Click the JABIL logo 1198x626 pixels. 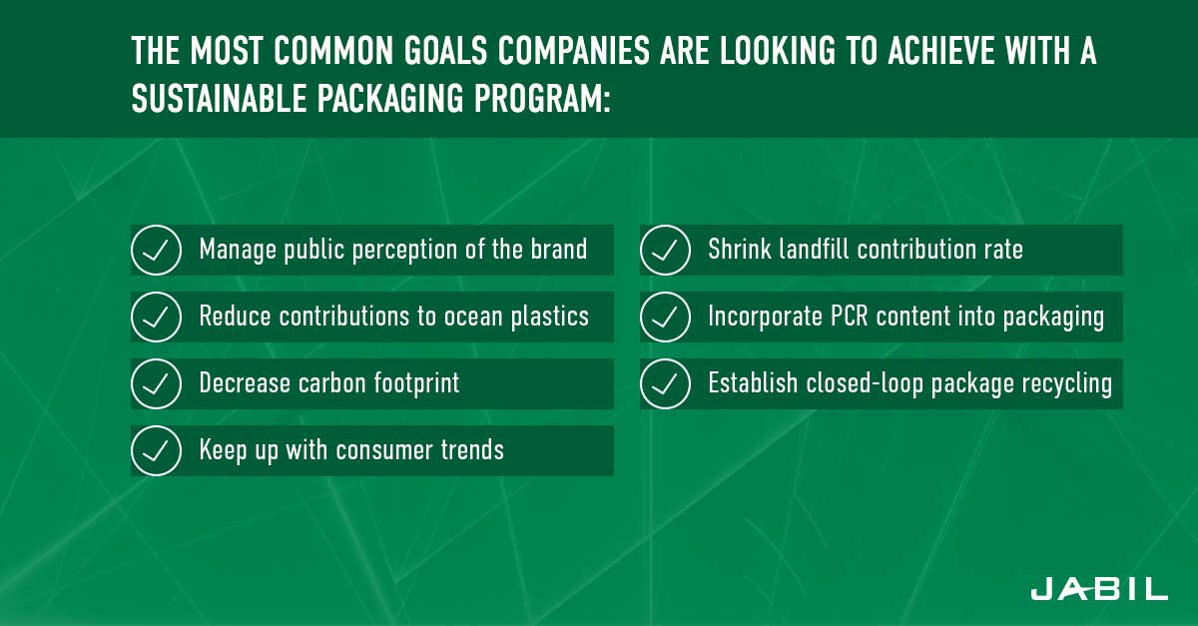tap(1099, 588)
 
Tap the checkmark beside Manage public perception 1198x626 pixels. tap(156, 250)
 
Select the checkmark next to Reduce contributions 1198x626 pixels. tap(156, 316)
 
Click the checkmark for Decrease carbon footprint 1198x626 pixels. tap(156, 383)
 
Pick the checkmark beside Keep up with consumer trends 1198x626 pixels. tap(156, 450)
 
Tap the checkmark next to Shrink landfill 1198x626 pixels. tap(665, 250)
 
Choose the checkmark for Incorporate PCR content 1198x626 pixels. tap(665, 316)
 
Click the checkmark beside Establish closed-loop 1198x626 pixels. tap(665, 383)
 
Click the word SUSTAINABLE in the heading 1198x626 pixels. tap(219, 98)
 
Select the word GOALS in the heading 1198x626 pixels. tap(445, 51)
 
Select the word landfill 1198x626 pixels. tap(813, 249)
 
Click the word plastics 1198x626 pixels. tap(550, 316)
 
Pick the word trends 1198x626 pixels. tap(472, 450)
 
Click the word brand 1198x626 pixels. tap(559, 249)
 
